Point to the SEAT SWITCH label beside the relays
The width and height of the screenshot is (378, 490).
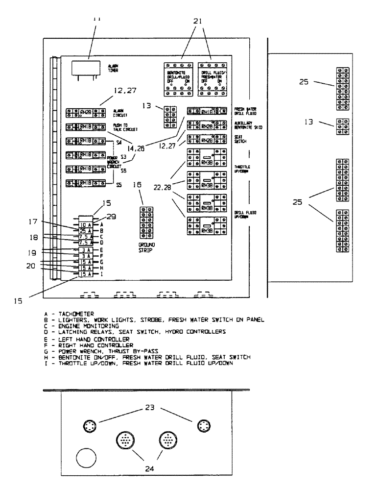pos(241,140)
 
